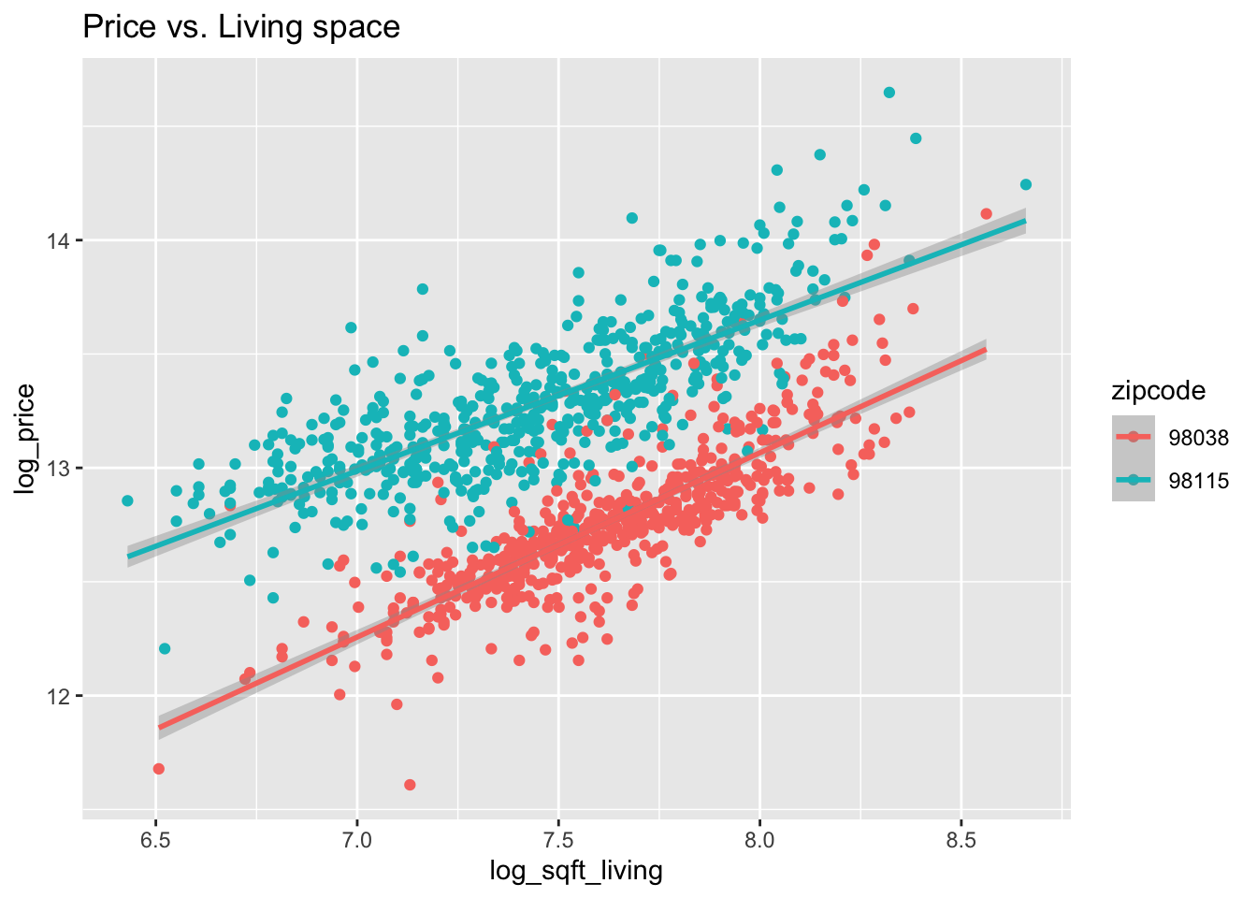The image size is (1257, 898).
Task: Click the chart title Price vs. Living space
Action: pyautogui.click(x=241, y=26)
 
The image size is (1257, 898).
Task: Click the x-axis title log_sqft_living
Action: pyautogui.click(x=576, y=871)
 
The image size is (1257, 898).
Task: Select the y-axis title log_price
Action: pyautogui.click(x=25, y=439)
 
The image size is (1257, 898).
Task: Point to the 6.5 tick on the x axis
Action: pyautogui.click(x=156, y=839)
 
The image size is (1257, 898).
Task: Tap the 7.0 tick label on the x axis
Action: pyautogui.click(x=357, y=839)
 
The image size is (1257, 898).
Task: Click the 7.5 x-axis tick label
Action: pyautogui.click(x=558, y=839)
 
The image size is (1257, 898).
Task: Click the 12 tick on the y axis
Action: pyautogui.click(x=62, y=696)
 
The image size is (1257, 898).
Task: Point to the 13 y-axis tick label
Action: pyautogui.click(x=62, y=468)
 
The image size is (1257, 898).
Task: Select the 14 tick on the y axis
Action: pyautogui.click(x=62, y=240)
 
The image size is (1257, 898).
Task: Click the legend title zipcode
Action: pyautogui.click(x=1158, y=390)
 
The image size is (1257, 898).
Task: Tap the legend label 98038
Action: pyautogui.click(x=1198, y=437)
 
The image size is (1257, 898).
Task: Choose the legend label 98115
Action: pyautogui.click(x=1198, y=481)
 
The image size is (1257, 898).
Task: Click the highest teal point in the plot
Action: pyautogui.click(x=889, y=93)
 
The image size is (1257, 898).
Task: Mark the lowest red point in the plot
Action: pyautogui.click(x=410, y=785)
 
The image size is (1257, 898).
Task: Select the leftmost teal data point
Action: pyautogui.click(x=127, y=500)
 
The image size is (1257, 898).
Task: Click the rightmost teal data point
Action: pyautogui.click(x=1026, y=184)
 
